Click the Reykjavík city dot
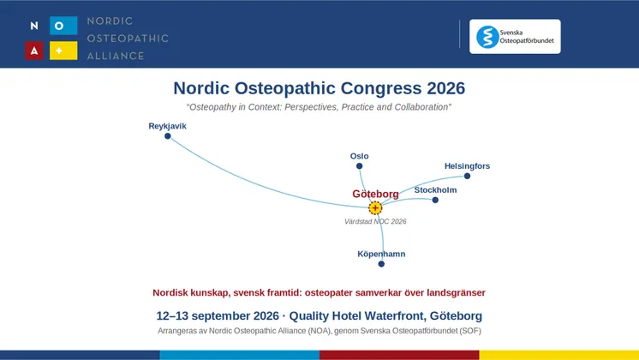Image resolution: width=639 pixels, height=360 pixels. coord(168,136)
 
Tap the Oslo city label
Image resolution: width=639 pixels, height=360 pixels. coord(359,156)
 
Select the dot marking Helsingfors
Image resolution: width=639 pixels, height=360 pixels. coord(467,176)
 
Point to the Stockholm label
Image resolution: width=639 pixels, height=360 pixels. coord(435,190)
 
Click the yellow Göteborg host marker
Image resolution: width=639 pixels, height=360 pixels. coord(375,208)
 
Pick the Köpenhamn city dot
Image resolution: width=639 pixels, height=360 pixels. coord(381,264)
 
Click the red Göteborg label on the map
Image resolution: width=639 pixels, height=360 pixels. coord(375,194)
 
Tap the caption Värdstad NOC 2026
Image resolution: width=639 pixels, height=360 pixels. coord(375,221)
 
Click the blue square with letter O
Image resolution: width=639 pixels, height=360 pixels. coord(63,26)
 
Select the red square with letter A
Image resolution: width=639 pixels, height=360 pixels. coord(34,51)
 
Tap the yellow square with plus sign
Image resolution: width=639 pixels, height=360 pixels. coord(63,51)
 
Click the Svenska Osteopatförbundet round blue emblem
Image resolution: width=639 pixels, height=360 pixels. coord(487,37)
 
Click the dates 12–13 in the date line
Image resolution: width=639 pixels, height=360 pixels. coord(172,316)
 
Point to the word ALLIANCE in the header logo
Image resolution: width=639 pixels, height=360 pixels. coord(116,56)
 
